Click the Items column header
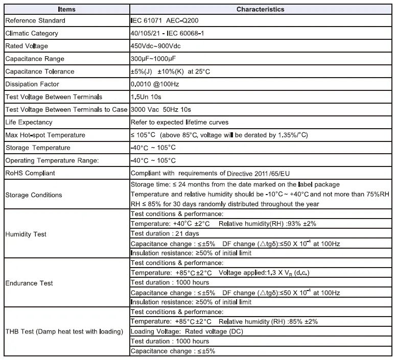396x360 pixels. pos(66,9)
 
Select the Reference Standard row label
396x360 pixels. pos(35,21)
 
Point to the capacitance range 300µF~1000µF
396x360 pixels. pos(153,59)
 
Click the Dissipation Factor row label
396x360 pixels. pos(32,84)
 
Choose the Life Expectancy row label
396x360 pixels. pos(29,123)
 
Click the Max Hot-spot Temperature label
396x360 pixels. pos(45,135)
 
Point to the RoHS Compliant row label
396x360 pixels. pos(30,173)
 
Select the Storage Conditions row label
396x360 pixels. pos(33,195)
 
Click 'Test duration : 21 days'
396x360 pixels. pos(165,233)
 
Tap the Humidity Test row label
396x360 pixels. pos(26,234)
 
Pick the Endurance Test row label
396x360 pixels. pos(29,283)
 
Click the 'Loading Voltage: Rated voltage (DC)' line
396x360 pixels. pos(187,331)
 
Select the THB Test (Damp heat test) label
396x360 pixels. pos(64,331)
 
